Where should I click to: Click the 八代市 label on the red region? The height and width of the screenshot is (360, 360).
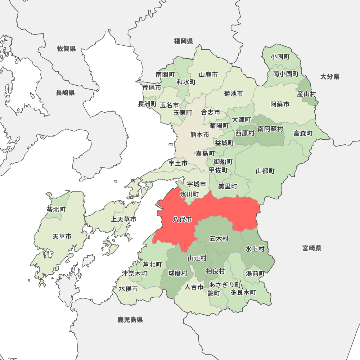[x=182, y=220]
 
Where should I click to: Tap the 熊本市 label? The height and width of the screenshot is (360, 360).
[x=199, y=135]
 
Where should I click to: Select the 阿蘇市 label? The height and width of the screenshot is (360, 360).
[x=280, y=104]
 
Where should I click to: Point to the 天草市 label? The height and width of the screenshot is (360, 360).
[x=62, y=237]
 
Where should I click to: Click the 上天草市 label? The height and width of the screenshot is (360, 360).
[x=123, y=219]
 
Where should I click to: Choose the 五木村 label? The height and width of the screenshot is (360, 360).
[x=219, y=238]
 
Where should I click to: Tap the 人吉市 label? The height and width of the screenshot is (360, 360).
[x=194, y=287]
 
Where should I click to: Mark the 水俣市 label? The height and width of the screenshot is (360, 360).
[x=129, y=289]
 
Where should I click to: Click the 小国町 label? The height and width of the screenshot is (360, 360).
[x=281, y=57]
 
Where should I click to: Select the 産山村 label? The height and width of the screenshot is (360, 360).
[x=306, y=94]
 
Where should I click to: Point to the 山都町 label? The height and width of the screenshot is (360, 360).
[x=265, y=171]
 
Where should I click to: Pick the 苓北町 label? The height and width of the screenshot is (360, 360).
[x=56, y=209]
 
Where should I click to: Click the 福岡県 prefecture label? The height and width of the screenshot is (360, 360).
[x=184, y=41]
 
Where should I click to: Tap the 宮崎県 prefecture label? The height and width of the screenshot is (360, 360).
[x=312, y=248]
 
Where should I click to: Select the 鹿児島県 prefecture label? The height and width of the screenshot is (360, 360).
[x=130, y=319]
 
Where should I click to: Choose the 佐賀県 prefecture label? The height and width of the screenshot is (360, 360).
[x=67, y=49]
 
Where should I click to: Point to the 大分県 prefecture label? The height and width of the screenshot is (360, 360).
[x=330, y=76]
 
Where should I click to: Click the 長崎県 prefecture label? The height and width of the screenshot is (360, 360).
[x=65, y=93]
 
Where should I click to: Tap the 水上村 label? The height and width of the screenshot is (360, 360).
[x=255, y=249]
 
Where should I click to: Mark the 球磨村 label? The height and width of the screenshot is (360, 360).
[x=178, y=274]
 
